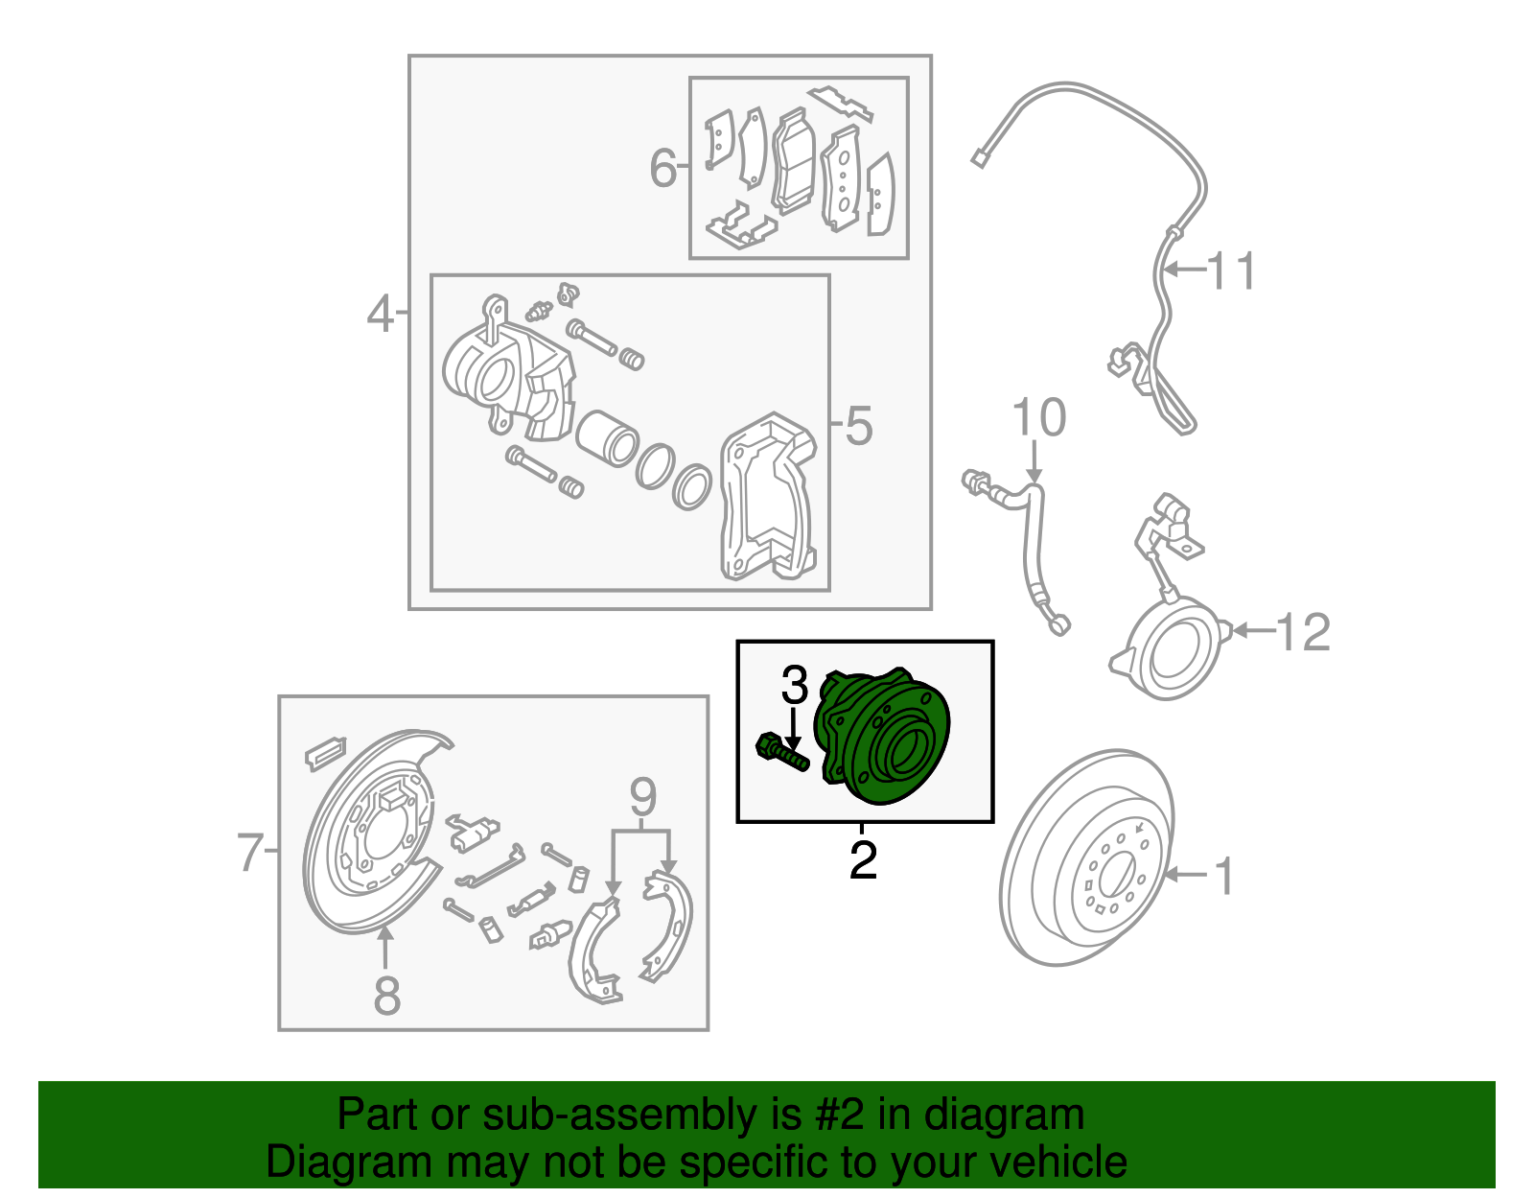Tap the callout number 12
pyautogui.click(x=1304, y=632)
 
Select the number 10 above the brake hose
pyautogui.click(x=1038, y=418)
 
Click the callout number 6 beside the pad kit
pyautogui.click(x=662, y=168)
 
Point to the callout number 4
pyautogui.click(x=380, y=314)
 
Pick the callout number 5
pyautogui.click(x=859, y=426)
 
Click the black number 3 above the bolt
pyautogui.click(x=794, y=686)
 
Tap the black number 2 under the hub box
pyautogui.click(x=863, y=860)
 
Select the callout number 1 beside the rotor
pyautogui.click(x=1224, y=876)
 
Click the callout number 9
pyautogui.click(x=642, y=797)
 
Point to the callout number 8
pyautogui.click(x=386, y=996)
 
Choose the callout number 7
pyautogui.click(x=249, y=852)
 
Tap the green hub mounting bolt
pyautogui.click(x=781, y=751)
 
